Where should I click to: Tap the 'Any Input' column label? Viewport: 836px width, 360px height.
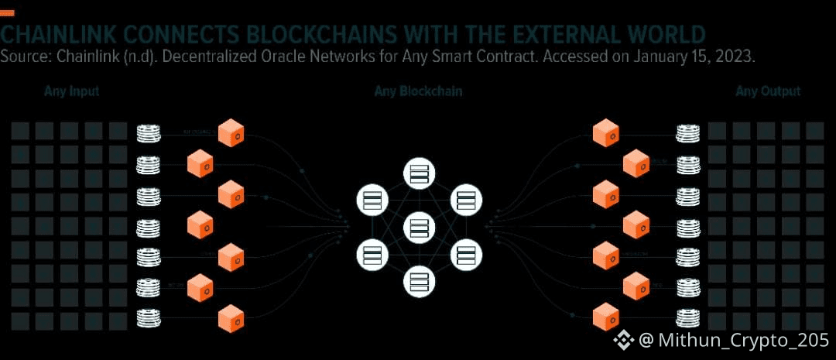tap(72, 92)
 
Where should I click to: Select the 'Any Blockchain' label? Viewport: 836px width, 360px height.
tap(418, 92)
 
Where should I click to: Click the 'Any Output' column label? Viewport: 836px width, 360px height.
tap(768, 92)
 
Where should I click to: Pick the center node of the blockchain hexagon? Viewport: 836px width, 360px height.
tap(419, 228)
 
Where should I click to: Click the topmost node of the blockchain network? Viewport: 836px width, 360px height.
tap(419, 173)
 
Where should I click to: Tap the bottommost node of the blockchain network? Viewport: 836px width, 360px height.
tap(419, 281)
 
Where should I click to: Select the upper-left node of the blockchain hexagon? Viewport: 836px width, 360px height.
tap(372, 201)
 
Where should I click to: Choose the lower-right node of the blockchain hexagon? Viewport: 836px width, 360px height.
tap(465, 254)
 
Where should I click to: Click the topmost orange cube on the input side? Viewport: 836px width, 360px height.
tap(231, 133)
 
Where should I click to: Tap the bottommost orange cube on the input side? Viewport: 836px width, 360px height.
tap(231, 318)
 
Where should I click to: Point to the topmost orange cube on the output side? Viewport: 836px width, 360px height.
tap(605, 133)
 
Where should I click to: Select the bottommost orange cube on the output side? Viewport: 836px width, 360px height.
tap(605, 317)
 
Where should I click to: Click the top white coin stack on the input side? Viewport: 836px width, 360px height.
tap(149, 133)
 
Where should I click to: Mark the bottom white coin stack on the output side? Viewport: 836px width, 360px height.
tap(687, 317)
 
